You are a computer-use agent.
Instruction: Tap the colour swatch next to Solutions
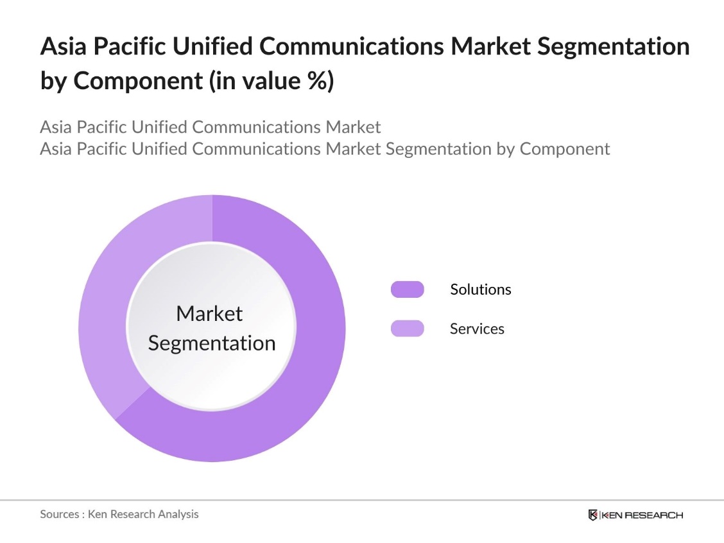click(407, 289)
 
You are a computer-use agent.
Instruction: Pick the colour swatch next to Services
click(407, 329)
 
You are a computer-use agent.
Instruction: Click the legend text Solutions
click(480, 289)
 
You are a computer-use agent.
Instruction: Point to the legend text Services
click(477, 329)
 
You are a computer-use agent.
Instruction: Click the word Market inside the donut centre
click(209, 313)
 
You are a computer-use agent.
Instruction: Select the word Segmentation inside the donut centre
click(212, 343)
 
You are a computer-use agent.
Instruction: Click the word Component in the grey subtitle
click(564, 149)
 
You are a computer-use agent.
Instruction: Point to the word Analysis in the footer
click(177, 514)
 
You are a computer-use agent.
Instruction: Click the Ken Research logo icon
click(593, 515)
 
